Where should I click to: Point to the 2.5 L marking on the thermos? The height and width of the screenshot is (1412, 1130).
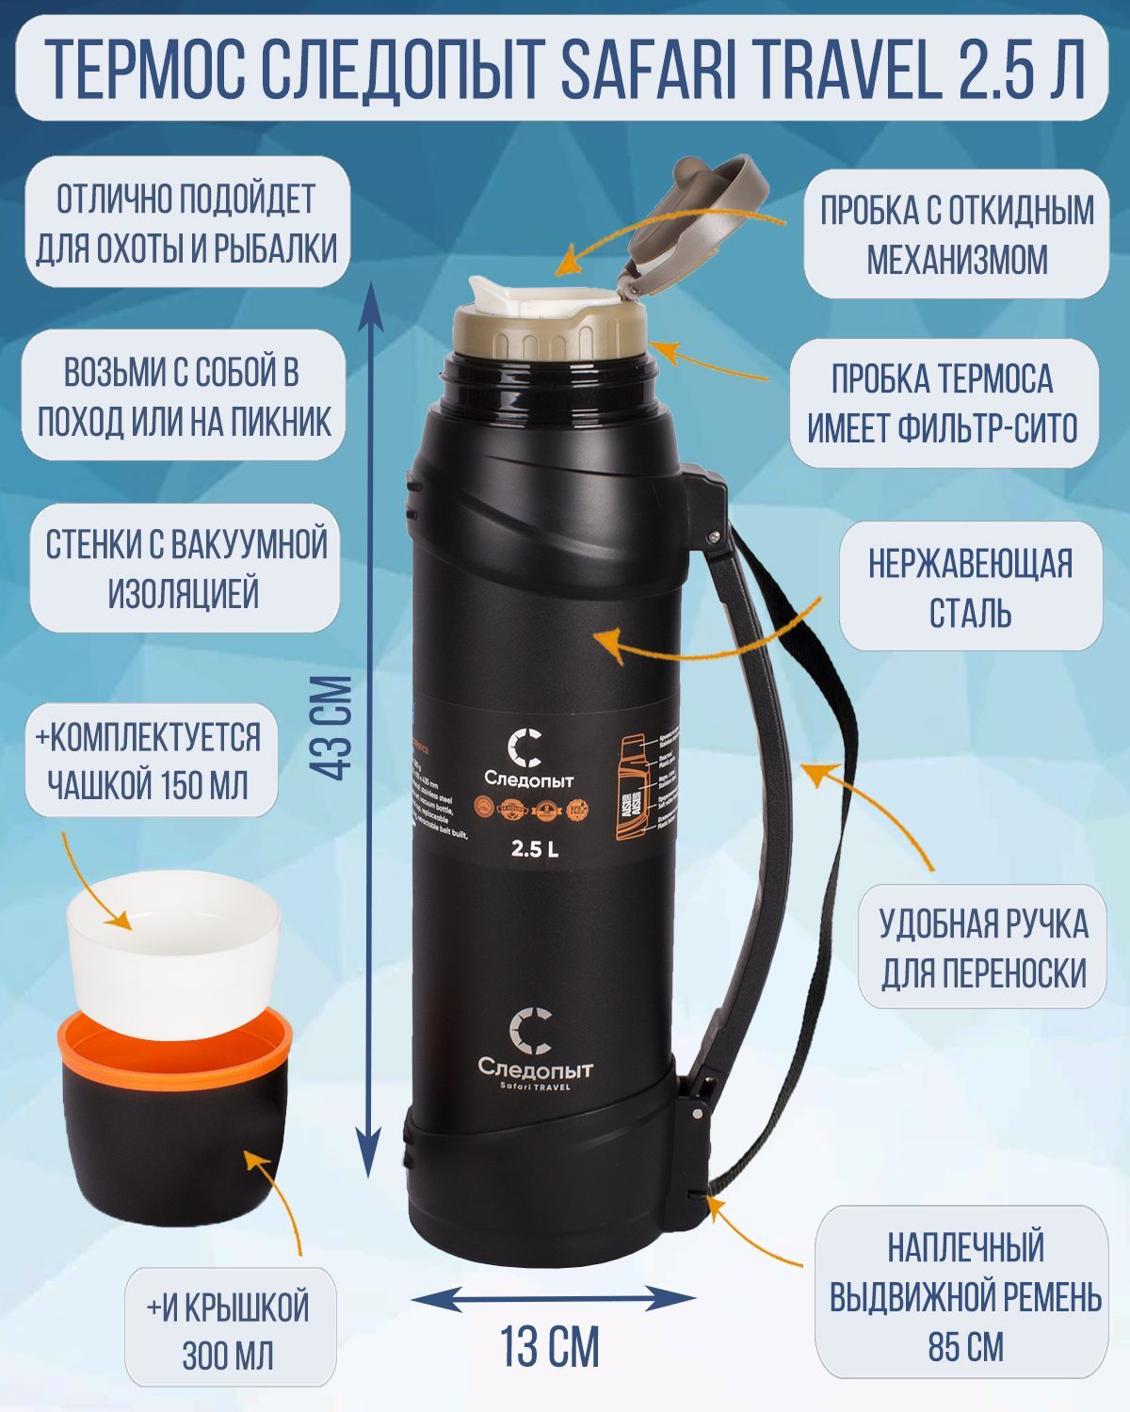pyautogui.click(x=534, y=848)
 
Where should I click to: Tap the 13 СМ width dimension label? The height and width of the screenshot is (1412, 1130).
pyautogui.click(x=549, y=1346)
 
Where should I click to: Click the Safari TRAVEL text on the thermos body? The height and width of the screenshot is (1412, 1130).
pyautogui.click(x=535, y=1086)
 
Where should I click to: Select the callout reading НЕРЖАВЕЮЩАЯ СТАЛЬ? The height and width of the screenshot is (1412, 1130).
pyautogui.click(x=970, y=587)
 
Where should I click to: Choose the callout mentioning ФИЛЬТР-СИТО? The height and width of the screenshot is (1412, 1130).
pyautogui.click(x=943, y=404)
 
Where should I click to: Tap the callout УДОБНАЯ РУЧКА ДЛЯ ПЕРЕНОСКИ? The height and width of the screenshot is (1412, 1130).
pyautogui.click(x=983, y=947)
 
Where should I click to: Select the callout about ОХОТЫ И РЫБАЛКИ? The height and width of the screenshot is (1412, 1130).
pyautogui.click(x=186, y=224)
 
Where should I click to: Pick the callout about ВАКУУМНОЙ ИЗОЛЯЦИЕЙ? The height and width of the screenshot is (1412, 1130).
pyautogui.click(x=185, y=569)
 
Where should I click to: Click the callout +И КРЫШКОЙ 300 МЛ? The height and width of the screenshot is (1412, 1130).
pyautogui.click(x=228, y=1331)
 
